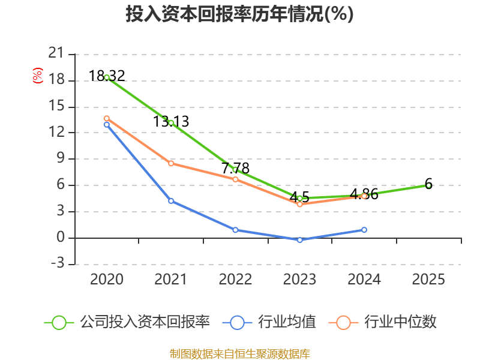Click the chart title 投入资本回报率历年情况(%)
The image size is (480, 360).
click(x=239, y=14)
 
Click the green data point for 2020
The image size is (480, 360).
click(x=107, y=78)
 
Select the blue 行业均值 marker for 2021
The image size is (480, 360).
click(x=171, y=201)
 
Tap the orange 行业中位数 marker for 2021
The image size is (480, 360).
click(x=171, y=163)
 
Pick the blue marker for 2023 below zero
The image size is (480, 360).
click(x=299, y=240)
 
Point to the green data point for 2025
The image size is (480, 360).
click(x=428, y=185)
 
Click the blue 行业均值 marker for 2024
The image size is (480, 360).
click(x=364, y=230)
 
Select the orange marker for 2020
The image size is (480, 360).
click(x=107, y=118)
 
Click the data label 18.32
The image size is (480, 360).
click(x=107, y=76)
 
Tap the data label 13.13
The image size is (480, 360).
click(x=171, y=122)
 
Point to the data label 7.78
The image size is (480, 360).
click(x=235, y=169)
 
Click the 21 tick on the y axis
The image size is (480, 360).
click(x=56, y=53)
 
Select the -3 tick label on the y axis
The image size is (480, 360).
click(x=58, y=263)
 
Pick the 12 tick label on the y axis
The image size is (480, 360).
click(x=56, y=132)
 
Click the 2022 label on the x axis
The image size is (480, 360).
click(x=235, y=279)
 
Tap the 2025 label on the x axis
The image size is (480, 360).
click(x=428, y=279)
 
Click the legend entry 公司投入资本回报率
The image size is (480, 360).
click(x=127, y=322)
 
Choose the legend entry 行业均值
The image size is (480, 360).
click(x=269, y=322)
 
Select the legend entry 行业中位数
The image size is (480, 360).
click(x=383, y=322)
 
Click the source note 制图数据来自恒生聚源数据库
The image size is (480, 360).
click(x=240, y=354)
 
